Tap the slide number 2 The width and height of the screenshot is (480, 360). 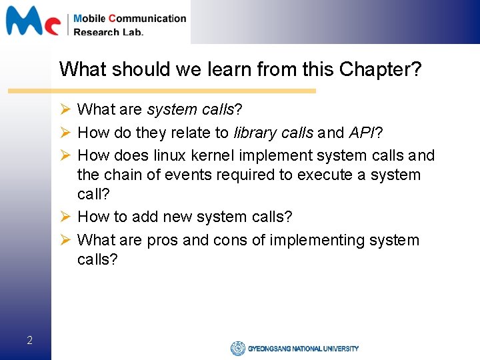click(29, 341)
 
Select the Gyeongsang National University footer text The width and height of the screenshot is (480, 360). click(303, 348)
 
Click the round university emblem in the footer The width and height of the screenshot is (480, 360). click(238, 348)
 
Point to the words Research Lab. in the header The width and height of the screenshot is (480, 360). click(108, 31)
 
